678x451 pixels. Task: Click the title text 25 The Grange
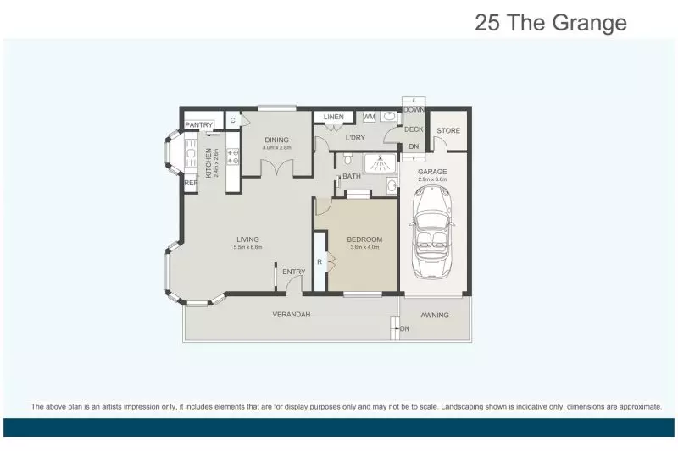tap(551, 23)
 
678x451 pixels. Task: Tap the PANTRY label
tap(199, 125)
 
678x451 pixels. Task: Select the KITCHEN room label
tap(208, 159)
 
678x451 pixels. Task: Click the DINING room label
tap(276, 140)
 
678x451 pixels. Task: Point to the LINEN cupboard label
tap(333, 117)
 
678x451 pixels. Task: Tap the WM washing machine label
tap(369, 117)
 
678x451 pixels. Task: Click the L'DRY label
tap(355, 136)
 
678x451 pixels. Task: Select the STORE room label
tap(448, 130)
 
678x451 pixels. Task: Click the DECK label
tap(413, 129)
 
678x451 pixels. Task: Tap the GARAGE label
tap(432, 172)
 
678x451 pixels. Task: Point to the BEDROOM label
tap(364, 239)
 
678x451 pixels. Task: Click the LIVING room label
tap(247, 239)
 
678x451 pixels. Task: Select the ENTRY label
tap(294, 271)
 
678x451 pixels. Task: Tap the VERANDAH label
tap(291, 315)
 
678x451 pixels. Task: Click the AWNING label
tap(435, 315)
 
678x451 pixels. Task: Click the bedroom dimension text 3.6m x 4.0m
tap(364, 248)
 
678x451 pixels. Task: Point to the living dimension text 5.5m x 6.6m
tap(247, 248)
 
